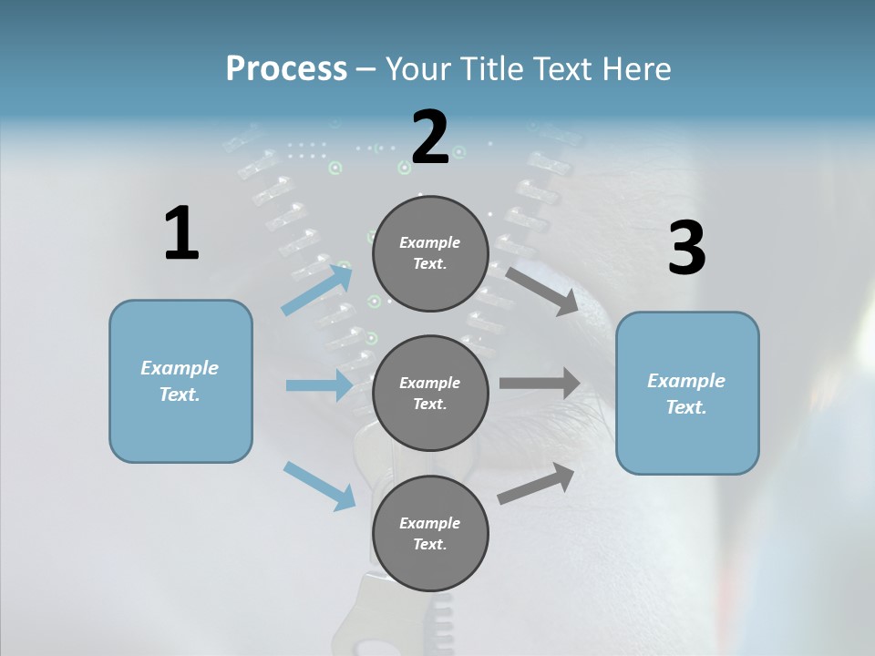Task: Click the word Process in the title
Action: (286, 68)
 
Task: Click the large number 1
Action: (181, 233)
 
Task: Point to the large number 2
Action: (430, 138)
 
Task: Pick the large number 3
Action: (686, 248)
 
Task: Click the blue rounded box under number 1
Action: (180, 381)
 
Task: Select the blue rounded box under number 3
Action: (687, 393)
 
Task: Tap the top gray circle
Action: (430, 253)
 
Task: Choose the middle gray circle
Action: (430, 393)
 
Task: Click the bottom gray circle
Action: (430, 533)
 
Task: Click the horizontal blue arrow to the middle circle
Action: (319, 385)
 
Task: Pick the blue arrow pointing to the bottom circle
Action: (320, 486)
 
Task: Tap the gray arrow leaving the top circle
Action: (542, 291)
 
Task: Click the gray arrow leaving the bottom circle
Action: (536, 484)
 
